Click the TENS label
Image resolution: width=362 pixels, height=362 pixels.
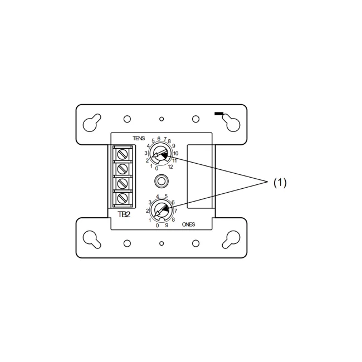click(x=139, y=138)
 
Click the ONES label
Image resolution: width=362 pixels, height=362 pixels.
click(x=188, y=224)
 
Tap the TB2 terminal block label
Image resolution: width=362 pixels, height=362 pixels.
click(x=124, y=214)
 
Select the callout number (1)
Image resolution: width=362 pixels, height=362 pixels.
click(x=280, y=183)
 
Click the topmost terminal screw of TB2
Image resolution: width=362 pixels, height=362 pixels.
click(x=123, y=154)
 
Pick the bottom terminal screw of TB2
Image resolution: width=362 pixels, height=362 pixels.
click(x=123, y=198)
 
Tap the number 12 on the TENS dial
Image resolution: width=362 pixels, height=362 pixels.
click(x=170, y=167)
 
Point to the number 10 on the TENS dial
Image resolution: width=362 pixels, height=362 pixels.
click(x=175, y=153)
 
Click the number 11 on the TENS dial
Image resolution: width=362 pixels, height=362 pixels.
click(x=174, y=160)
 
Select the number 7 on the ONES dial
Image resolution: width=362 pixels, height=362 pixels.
click(x=175, y=211)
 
